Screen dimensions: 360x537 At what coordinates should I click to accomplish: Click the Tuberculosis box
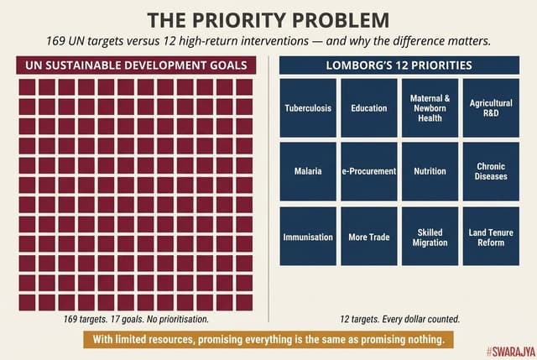(x=308, y=108)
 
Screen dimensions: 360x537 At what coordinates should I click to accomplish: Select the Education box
(x=369, y=108)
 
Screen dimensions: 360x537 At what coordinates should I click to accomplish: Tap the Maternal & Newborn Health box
(x=430, y=108)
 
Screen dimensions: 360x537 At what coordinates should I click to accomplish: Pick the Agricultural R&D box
(x=491, y=108)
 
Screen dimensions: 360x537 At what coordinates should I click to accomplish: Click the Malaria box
(x=308, y=171)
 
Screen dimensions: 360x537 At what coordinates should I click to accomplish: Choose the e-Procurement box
(x=369, y=171)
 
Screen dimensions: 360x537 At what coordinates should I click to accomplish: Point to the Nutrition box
(x=430, y=171)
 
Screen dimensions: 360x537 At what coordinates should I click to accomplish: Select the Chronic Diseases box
(x=491, y=171)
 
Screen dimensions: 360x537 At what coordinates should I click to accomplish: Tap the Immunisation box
(x=308, y=237)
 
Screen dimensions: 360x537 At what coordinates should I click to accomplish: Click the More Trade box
(x=369, y=237)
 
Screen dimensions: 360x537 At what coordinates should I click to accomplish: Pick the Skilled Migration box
(x=430, y=237)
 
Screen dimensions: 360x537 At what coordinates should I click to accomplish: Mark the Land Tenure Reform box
(x=491, y=237)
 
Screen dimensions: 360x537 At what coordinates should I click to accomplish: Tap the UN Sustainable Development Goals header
(x=135, y=65)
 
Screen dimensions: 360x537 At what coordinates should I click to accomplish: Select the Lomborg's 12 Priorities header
(x=400, y=65)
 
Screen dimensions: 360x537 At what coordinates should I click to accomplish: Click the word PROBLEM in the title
(x=341, y=20)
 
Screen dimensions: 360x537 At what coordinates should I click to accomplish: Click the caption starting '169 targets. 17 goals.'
(x=135, y=320)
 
